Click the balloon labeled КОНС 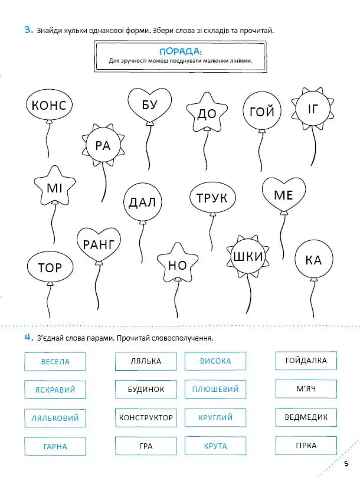pyautogui.click(x=50, y=106)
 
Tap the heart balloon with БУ pyautogui.click(x=150, y=104)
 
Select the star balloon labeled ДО pyautogui.click(x=207, y=113)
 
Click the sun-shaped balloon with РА pyautogui.click(x=103, y=145)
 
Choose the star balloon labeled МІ pyautogui.click(x=54, y=188)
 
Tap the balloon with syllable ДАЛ pyautogui.click(x=142, y=203)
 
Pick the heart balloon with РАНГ pyautogui.click(x=99, y=245)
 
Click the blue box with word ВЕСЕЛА pyautogui.click(x=55, y=361)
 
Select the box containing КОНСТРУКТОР pyautogui.click(x=146, y=417)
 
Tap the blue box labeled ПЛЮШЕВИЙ pyautogui.click(x=215, y=390)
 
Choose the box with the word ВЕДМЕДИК pyautogui.click(x=306, y=417)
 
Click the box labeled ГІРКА pyautogui.click(x=306, y=446)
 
